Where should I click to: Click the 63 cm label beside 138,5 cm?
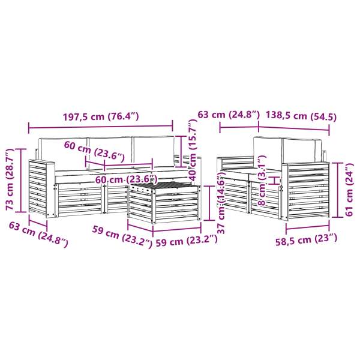click(x=239, y=114)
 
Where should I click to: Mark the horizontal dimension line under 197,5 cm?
click(x=101, y=127)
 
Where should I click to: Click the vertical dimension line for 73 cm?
click(x=22, y=180)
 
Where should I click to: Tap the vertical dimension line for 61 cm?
click(x=339, y=191)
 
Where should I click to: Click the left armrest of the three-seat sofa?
click(x=41, y=186)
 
